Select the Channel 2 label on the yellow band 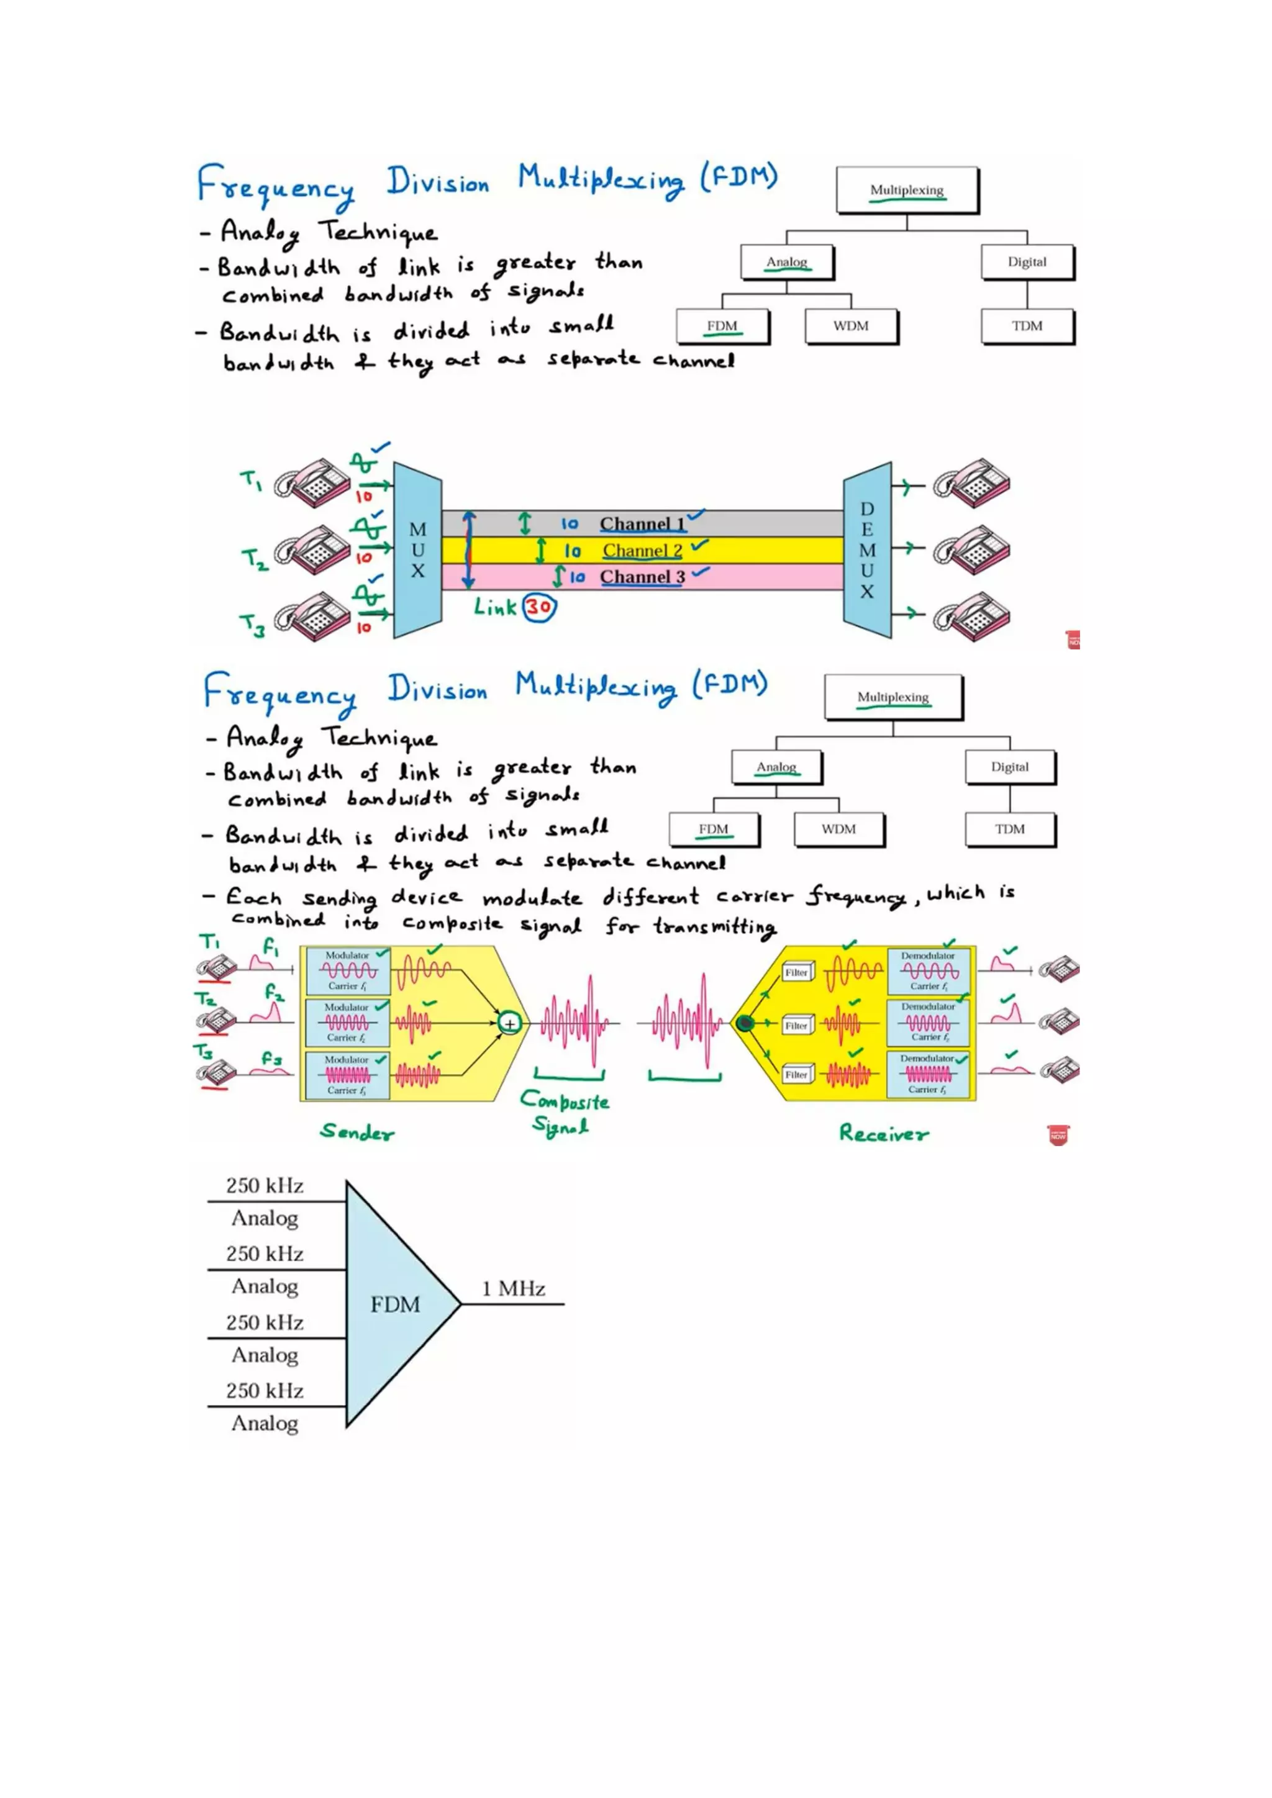(x=642, y=551)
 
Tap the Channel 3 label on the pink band (x=642, y=577)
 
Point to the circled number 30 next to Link (x=539, y=607)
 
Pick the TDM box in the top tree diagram (x=1027, y=326)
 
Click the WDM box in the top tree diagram (x=851, y=326)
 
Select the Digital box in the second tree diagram (x=1010, y=767)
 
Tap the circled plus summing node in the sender (x=510, y=1024)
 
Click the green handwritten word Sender (x=357, y=1132)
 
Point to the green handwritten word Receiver (x=884, y=1133)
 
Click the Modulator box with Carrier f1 (x=347, y=971)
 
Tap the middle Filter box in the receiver (x=797, y=1025)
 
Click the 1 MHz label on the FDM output (x=513, y=1289)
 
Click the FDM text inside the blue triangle (x=395, y=1304)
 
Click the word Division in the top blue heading (x=438, y=183)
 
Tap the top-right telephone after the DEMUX (x=971, y=483)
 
